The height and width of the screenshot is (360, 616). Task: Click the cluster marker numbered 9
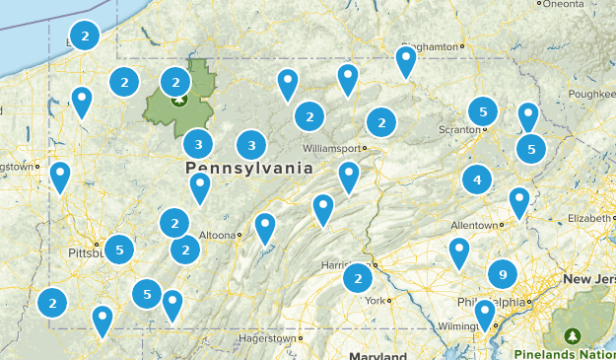pos(503,273)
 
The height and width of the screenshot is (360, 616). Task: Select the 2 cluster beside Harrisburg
pos(357,279)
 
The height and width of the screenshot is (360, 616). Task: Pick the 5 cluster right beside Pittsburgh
pos(119,250)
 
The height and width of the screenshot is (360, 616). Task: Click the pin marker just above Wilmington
pos(484,313)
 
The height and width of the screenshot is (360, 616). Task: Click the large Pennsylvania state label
pos(249,169)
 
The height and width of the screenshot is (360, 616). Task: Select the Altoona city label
pos(218,235)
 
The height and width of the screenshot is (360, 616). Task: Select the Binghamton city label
pos(431,45)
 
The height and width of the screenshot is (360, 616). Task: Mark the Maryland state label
pos(376,355)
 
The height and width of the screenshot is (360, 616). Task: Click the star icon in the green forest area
pos(179,99)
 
